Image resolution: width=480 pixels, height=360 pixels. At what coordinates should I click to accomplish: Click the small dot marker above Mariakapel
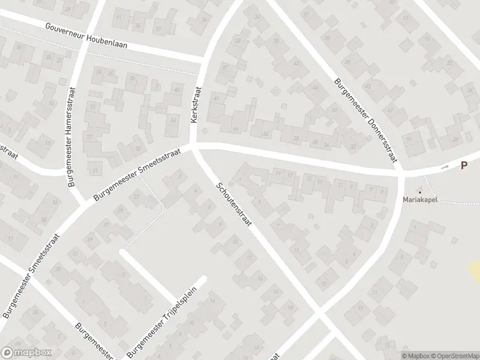[420, 192]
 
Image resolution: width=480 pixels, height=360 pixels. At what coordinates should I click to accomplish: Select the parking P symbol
[464, 166]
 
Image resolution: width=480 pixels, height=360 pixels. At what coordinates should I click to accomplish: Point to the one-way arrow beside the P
[445, 168]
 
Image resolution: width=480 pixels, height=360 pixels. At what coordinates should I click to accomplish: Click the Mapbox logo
[26, 353]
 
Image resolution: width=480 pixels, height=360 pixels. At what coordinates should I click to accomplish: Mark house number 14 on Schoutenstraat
[259, 279]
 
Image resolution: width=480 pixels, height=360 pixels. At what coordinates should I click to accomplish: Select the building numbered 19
[278, 174]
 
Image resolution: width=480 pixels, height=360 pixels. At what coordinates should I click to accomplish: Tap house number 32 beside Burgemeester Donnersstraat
[353, 146]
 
